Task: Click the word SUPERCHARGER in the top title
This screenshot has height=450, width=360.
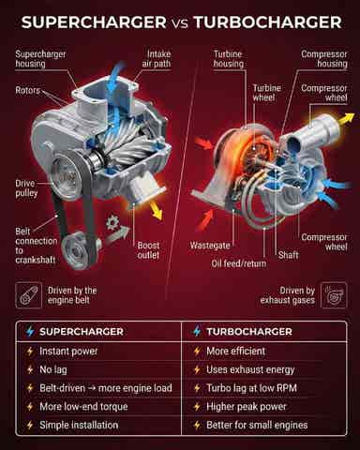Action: point(94,22)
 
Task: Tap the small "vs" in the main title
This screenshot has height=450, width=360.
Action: point(180,23)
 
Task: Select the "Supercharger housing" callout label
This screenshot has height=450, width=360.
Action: point(40,59)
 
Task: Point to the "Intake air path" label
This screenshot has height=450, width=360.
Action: point(157,59)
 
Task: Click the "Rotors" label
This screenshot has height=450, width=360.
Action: point(28,91)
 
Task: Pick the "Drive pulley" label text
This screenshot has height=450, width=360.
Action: point(26,188)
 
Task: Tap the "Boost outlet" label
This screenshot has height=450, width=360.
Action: point(148,250)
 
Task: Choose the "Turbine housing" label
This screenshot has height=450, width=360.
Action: point(228,59)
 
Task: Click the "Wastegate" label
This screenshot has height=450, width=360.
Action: point(210,246)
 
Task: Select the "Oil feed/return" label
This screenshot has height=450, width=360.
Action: point(239,263)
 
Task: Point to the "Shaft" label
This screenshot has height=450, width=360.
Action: point(288,255)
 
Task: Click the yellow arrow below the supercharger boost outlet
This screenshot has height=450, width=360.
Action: point(156,210)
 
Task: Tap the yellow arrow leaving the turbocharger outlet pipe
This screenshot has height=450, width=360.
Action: point(347,119)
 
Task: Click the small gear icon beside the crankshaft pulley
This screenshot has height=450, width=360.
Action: point(111,223)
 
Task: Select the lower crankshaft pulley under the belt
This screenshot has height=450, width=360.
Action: point(77,250)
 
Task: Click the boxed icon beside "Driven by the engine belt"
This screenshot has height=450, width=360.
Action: point(28,295)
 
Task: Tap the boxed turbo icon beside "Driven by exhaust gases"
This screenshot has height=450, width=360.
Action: point(334,295)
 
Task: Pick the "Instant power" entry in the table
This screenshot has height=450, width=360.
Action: point(68,352)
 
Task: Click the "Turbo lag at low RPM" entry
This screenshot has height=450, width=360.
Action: point(251,388)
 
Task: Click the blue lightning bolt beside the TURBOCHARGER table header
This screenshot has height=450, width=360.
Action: point(197,331)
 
